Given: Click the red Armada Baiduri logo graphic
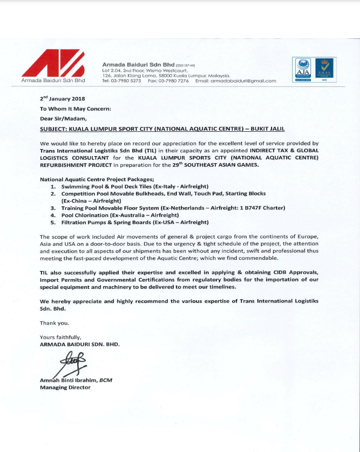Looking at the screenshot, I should [53, 63].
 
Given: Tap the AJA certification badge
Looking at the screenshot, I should [302, 69].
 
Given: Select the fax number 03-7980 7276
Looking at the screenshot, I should [174, 81].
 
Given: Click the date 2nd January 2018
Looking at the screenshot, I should [62, 99].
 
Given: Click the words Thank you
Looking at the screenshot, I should [55, 323].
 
